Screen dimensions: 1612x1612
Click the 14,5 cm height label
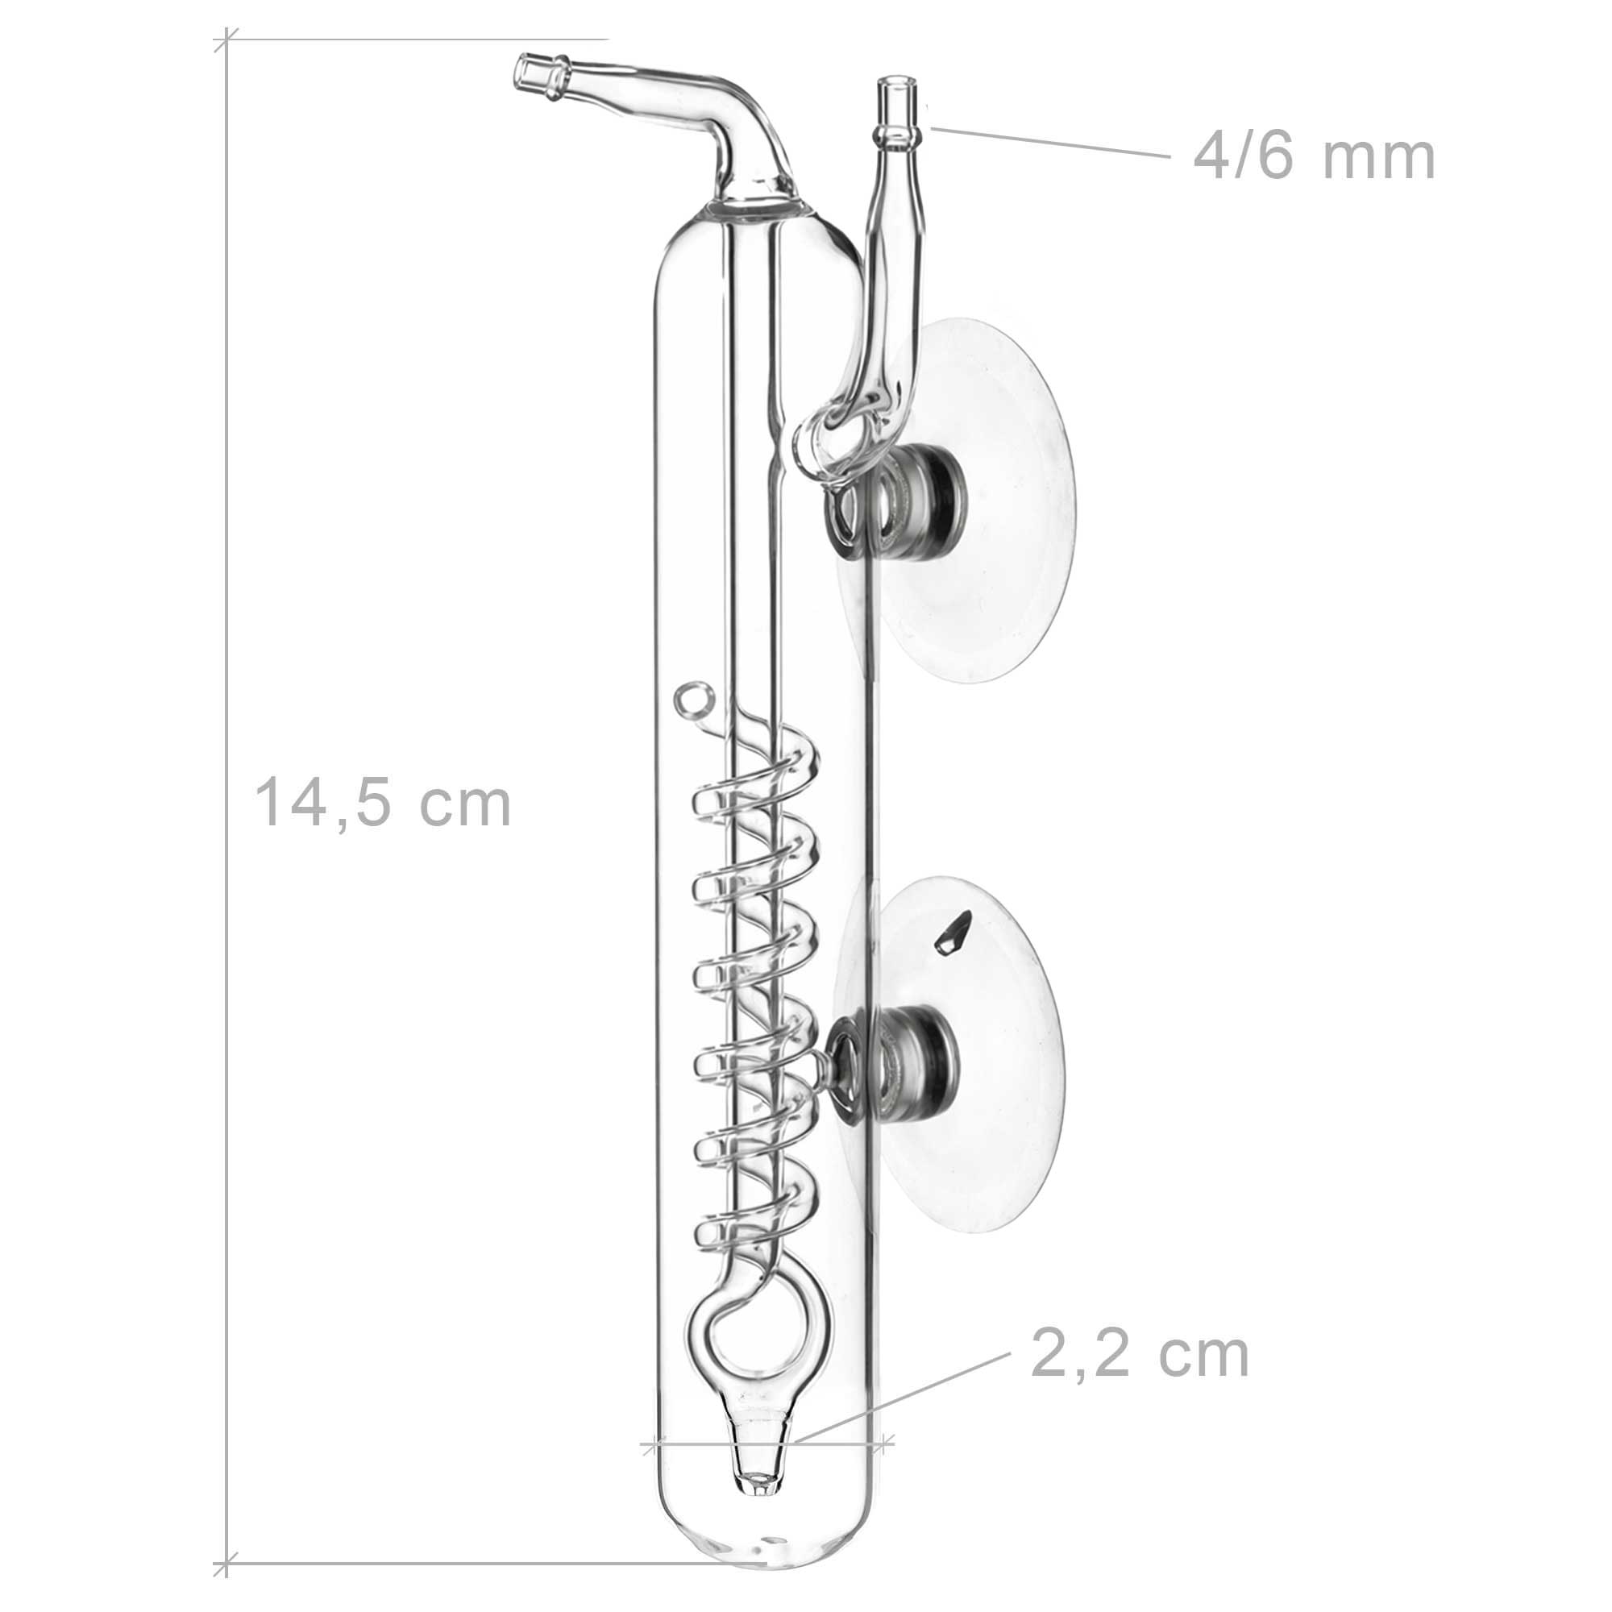pyautogui.click(x=382, y=803)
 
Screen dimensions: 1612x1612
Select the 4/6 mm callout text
pyautogui.click(x=1314, y=156)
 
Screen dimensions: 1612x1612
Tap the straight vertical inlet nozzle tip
pyautogui.click(x=896, y=92)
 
